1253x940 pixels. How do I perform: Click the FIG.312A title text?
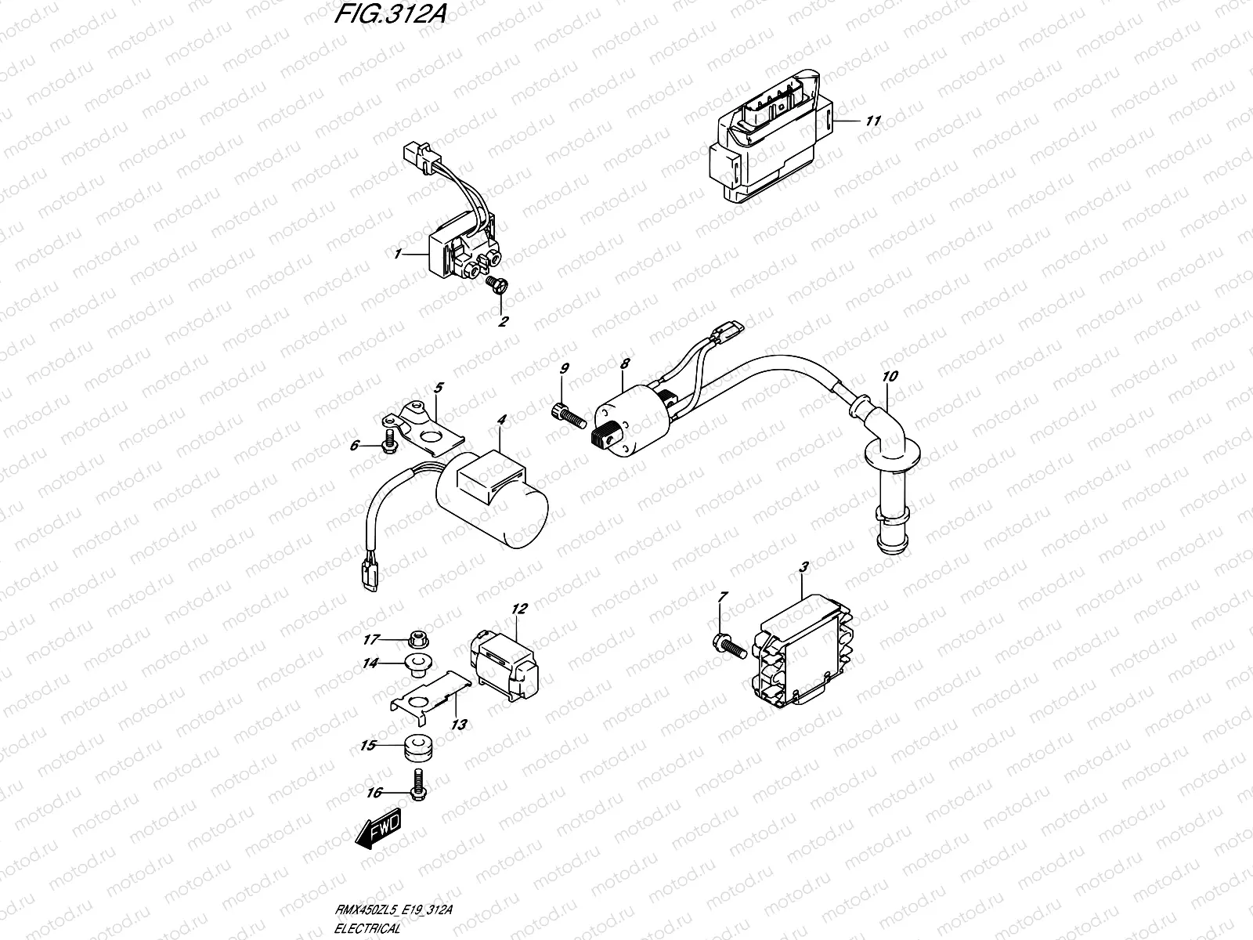pos(385,16)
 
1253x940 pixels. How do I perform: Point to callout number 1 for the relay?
pos(398,189)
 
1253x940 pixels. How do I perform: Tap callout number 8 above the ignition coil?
pos(625,365)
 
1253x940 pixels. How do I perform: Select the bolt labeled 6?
pos(388,445)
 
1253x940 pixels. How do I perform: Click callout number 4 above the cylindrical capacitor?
pos(502,421)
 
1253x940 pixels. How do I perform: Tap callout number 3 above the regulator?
pos(803,566)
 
